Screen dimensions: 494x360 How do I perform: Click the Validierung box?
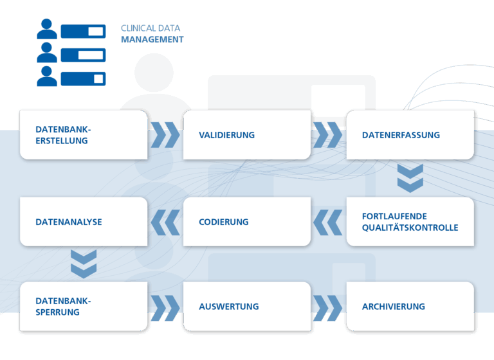[247, 135]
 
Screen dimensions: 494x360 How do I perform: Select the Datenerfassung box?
[410, 135]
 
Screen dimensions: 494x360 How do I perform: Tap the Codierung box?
[247, 222]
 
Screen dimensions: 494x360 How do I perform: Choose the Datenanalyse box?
[84, 222]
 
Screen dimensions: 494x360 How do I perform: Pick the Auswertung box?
[247, 307]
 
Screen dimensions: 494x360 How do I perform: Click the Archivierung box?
[410, 307]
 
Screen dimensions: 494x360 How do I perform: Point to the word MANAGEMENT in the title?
[152, 40]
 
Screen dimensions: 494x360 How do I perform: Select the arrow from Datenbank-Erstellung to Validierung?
[165, 135]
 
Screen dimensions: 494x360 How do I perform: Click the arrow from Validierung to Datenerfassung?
[327, 135]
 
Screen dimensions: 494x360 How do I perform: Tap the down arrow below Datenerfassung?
[410, 178]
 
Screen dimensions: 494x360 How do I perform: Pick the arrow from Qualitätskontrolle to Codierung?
[327, 222]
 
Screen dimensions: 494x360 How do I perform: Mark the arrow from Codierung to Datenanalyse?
[165, 222]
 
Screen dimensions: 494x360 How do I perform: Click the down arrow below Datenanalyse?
[84, 264]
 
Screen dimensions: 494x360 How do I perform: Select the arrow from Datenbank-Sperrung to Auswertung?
[165, 308]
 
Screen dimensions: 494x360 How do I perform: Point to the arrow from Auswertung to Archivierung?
[327, 308]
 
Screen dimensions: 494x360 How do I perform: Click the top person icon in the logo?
[47, 29]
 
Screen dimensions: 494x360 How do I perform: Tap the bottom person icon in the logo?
[47, 76]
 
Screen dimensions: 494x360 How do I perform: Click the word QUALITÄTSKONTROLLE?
[410, 228]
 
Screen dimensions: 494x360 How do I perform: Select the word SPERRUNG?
[58, 312]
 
